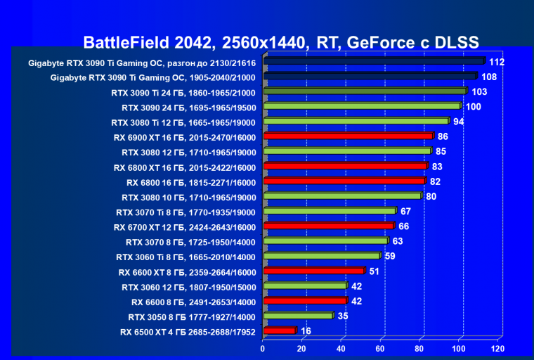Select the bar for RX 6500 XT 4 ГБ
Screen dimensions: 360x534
tap(279, 330)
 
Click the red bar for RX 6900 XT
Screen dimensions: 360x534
tap(348, 136)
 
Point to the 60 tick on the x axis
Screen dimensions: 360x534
tap(380, 348)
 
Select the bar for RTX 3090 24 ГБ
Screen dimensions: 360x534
tap(361, 106)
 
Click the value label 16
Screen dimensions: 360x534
tap(306, 330)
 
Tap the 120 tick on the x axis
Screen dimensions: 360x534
tap(498, 348)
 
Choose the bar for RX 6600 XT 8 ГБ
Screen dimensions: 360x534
tap(313, 271)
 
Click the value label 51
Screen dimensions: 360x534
tap(375, 271)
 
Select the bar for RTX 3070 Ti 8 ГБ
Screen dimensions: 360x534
tap(330, 211)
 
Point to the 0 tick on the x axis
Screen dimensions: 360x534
tap(263, 348)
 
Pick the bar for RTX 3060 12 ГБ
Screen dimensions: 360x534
tap(304, 285)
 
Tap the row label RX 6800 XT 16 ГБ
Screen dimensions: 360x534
tap(184, 167)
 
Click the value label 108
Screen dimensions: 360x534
tap(490, 76)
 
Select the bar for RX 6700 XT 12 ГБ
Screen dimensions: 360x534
tap(328, 226)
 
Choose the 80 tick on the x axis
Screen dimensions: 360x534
tap(420, 348)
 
